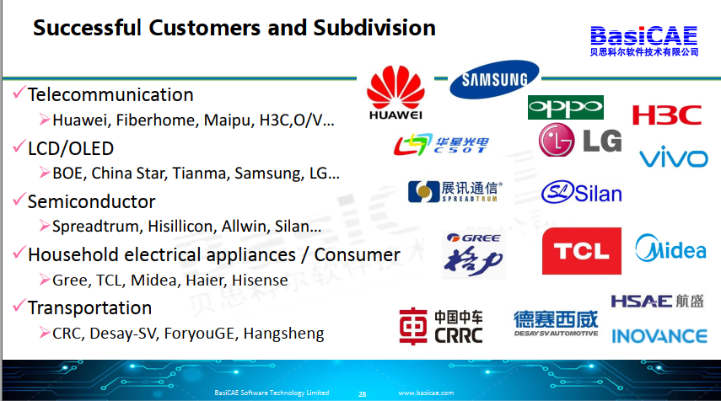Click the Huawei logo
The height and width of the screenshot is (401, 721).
(x=395, y=93)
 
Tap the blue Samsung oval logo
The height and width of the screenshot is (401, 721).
(x=494, y=79)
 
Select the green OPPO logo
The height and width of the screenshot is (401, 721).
(x=566, y=108)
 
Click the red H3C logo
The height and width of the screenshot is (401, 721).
(x=667, y=115)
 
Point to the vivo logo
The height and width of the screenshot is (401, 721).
(x=674, y=157)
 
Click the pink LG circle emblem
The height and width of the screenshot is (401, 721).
(x=557, y=140)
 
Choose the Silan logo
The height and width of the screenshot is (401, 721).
(x=582, y=192)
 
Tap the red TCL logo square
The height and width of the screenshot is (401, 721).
(x=582, y=251)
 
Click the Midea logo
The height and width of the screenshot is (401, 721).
(x=670, y=249)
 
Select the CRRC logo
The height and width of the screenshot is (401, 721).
(x=441, y=326)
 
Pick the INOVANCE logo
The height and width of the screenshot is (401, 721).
(x=659, y=336)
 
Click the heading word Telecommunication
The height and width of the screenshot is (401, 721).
(x=110, y=94)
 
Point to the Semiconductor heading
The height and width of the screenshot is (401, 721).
(x=92, y=201)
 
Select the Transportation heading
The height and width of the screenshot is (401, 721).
(x=89, y=307)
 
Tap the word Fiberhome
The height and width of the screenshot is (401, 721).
(x=157, y=120)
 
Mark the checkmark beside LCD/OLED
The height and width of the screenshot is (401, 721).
(x=19, y=146)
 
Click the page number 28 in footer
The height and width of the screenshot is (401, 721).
(x=363, y=394)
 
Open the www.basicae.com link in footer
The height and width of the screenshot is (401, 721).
(x=426, y=393)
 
